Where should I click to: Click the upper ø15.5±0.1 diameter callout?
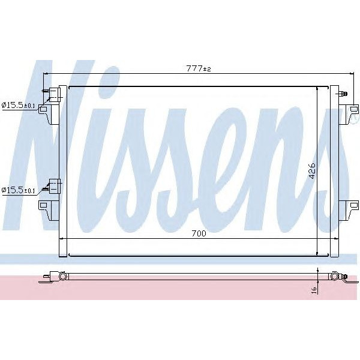[x=19, y=105]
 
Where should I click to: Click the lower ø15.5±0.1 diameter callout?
[x=19, y=190]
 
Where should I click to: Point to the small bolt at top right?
[x=343, y=94]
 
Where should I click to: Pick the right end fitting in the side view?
[x=336, y=277]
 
